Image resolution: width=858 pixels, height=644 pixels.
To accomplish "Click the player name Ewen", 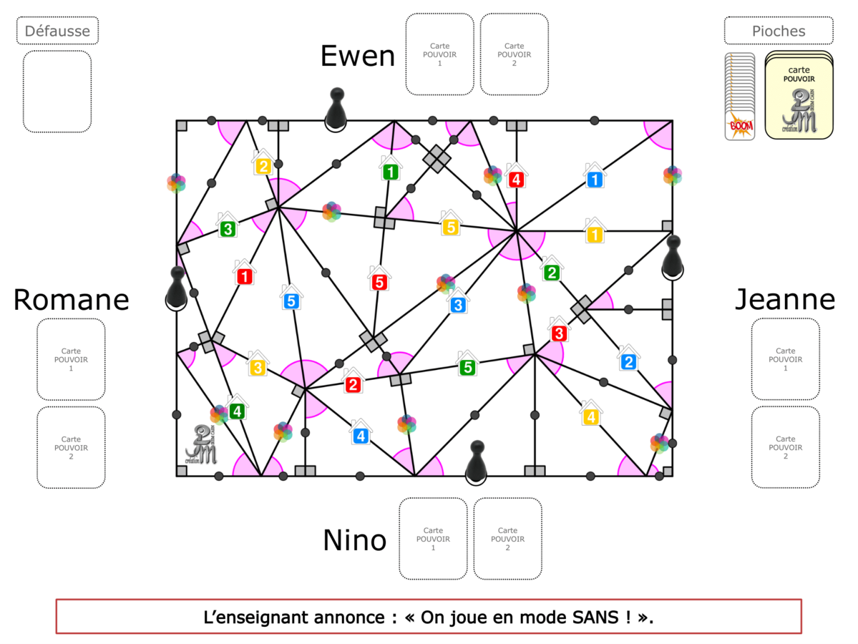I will tap(357, 56).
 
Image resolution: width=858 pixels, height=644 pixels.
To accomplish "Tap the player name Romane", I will tap(71, 300).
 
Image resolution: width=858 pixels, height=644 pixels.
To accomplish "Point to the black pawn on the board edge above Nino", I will tap(474, 462).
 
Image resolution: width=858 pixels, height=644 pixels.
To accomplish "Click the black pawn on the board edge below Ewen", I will tap(335, 108).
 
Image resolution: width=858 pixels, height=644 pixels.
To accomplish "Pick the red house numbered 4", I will tap(516, 177).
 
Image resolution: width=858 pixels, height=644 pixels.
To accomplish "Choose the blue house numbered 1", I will tap(594, 177).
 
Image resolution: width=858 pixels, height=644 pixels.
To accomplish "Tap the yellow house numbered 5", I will tap(450, 225).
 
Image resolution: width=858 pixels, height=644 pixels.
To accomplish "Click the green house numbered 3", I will tap(227, 228).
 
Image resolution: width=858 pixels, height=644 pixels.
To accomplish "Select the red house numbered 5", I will tap(379, 280).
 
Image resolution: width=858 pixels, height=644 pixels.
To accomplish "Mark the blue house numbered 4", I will tap(360, 434).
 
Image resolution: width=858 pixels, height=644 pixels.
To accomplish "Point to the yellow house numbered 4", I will tap(590, 415).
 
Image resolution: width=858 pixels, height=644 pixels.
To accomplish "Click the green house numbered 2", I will tap(551, 271).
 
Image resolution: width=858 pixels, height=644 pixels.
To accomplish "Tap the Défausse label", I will tap(57, 31).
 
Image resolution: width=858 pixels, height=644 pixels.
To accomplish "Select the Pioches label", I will tap(778, 31).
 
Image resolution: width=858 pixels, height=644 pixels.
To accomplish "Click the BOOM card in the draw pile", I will tap(739, 127).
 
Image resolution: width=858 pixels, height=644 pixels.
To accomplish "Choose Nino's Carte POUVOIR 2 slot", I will tap(507, 539).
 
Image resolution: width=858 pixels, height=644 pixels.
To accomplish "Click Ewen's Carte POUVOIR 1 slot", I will tap(439, 54).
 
